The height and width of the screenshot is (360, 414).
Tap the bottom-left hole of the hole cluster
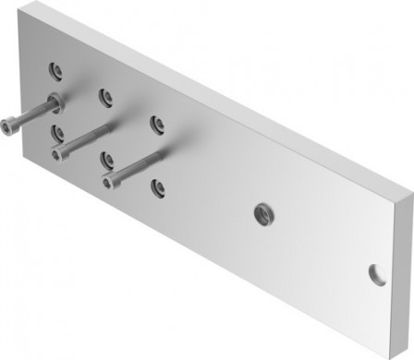coord(57,131)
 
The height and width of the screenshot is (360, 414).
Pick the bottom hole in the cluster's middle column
coord(107,158)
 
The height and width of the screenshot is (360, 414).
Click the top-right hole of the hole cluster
coord(156,121)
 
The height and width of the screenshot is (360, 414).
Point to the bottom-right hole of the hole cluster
coord(157,186)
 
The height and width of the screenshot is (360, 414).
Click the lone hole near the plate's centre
coord(259,214)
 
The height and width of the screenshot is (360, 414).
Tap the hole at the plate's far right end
coord(375,272)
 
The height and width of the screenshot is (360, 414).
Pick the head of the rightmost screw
coord(110,179)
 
